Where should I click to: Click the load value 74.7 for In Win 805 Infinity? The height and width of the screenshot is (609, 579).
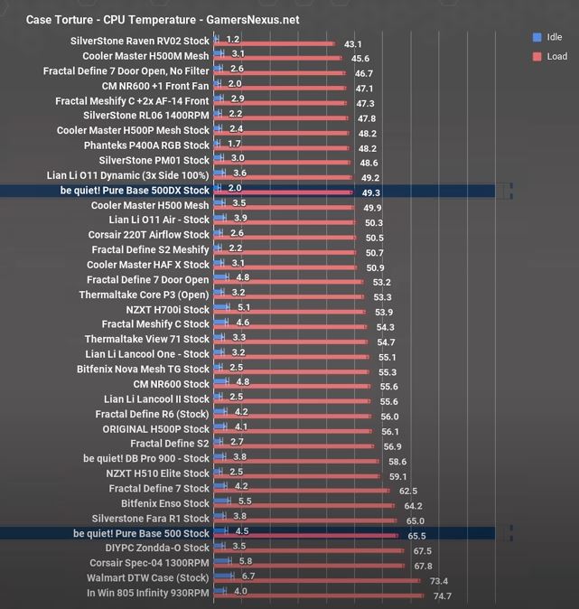click(442, 595)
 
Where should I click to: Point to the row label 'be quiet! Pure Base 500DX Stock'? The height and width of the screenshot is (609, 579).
click(141, 191)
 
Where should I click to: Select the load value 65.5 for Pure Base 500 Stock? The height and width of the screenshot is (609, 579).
click(416, 536)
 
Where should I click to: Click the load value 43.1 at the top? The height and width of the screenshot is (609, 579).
click(353, 44)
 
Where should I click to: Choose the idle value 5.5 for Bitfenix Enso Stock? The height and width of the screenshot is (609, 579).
click(245, 501)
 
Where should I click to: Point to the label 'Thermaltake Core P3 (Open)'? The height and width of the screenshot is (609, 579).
click(144, 295)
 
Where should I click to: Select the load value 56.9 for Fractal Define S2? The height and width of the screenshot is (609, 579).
click(392, 446)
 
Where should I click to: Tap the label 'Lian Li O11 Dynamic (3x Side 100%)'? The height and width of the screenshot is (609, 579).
click(127, 175)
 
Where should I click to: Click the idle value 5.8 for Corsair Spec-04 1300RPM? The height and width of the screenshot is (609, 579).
click(246, 561)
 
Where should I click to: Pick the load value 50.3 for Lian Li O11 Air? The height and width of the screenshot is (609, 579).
click(373, 222)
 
